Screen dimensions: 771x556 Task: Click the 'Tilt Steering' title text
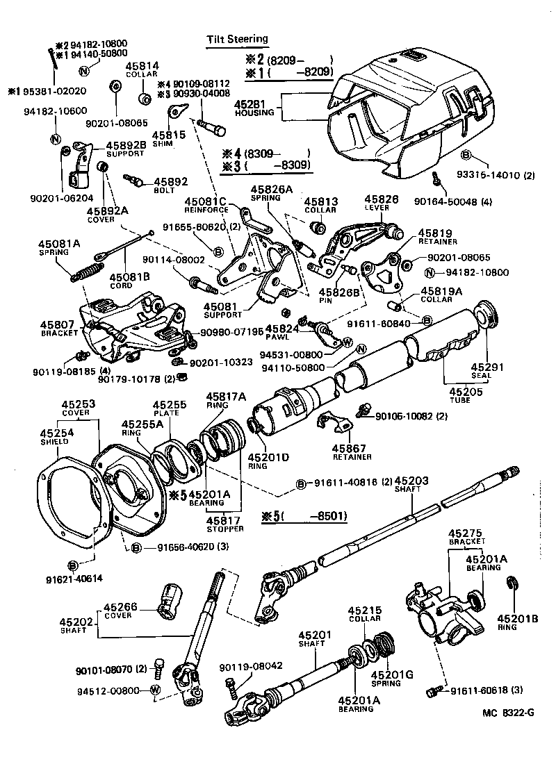(237, 39)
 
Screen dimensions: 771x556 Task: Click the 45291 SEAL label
(480, 370)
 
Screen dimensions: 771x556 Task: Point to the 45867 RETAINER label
(351, 451)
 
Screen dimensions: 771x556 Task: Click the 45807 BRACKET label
(57, 327)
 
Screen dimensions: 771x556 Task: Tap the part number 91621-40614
(74, 578)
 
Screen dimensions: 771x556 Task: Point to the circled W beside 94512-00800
(155, 690)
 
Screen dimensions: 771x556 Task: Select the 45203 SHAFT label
(411, 483)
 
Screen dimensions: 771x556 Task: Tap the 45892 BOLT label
(170, 185)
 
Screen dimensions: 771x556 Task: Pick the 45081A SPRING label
(60, 247)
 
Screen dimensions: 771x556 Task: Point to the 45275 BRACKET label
(465, 538)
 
